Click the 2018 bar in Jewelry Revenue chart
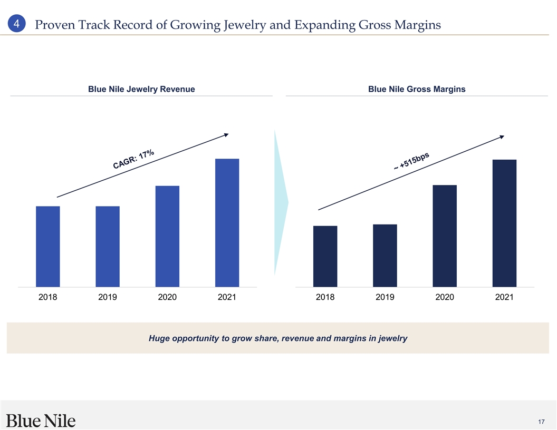(48, 246)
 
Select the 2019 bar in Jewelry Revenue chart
(108, 246)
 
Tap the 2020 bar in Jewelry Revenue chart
(167, 236)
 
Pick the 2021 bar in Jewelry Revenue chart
(227, 222)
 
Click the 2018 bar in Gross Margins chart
(325, 256)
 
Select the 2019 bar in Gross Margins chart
(385, 256)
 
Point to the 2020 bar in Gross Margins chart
(445, 236)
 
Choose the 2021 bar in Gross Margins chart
(504, 223)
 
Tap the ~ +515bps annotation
(412, 161)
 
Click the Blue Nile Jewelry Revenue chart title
(141, 90)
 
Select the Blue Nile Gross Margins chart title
(417, 90)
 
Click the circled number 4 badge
(17, 24)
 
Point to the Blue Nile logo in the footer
(41, 421)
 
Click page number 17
(542, 422)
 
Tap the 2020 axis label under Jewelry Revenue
(167, 298)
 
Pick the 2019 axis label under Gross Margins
(385, 298)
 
